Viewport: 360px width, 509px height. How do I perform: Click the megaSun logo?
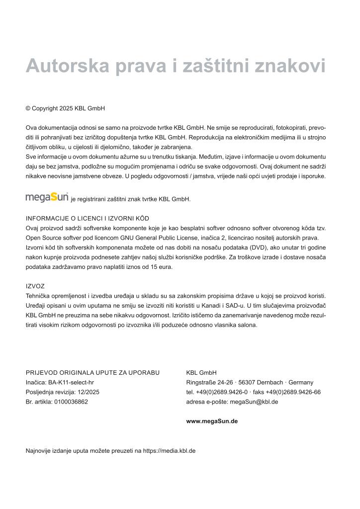(47, 197)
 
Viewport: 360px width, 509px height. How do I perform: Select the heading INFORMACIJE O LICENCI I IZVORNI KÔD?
(88, 218)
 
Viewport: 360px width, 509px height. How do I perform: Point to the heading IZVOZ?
(35, 286)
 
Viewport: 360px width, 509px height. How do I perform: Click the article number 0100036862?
(71, 402)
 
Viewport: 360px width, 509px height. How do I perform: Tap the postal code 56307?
(248, 382)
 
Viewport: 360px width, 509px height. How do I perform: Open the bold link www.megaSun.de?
(212, 421)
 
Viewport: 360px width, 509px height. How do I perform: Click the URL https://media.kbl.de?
(169, 451)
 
